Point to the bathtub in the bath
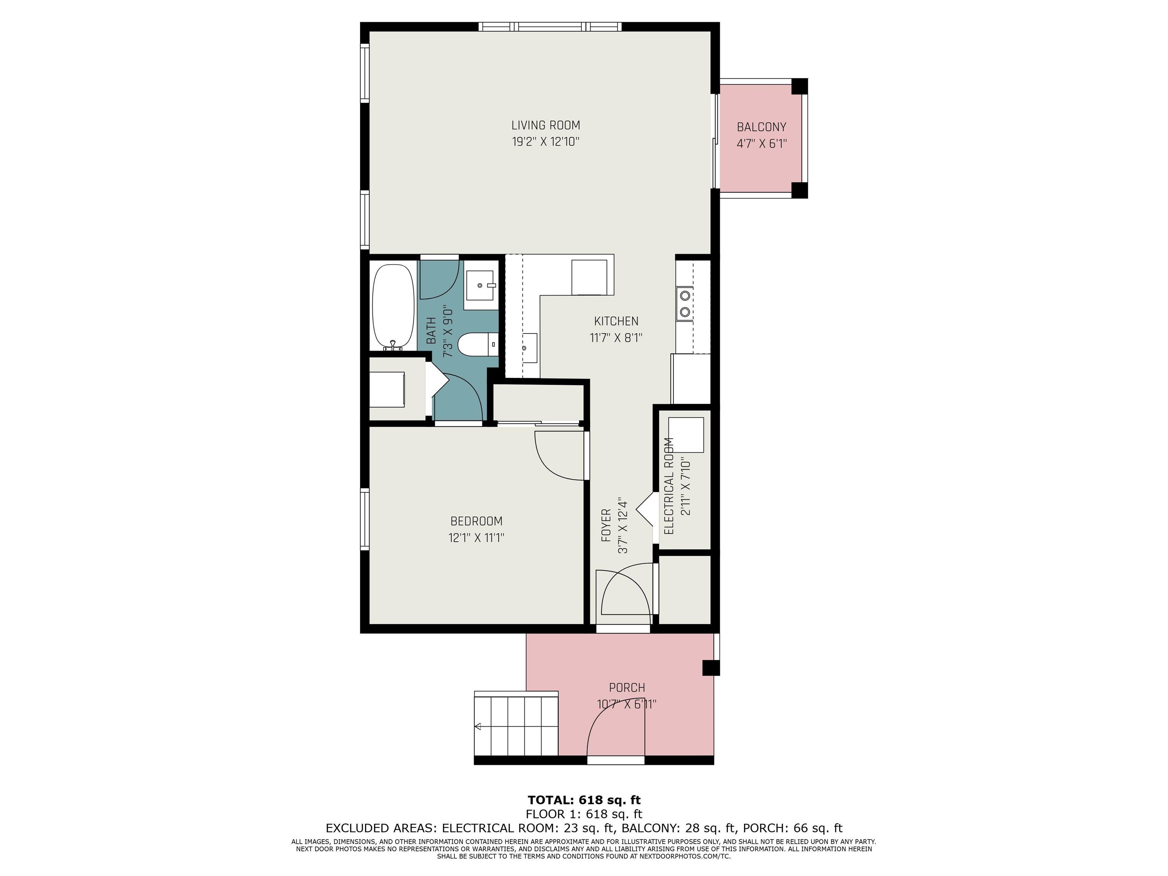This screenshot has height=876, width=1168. (394, 307)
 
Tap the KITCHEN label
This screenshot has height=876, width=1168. (616, 321)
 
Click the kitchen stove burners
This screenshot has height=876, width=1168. (685, 304)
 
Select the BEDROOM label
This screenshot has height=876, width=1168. (476, 521)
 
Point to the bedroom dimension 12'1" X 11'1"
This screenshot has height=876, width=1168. (476, 538)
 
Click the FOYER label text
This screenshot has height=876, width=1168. (606, 525)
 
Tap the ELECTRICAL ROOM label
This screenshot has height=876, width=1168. (669, 486)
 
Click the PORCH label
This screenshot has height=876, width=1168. (627, 687)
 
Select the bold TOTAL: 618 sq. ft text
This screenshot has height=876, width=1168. (584, 800)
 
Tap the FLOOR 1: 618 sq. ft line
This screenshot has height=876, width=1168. (584, 814)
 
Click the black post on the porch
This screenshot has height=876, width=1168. (711, 668)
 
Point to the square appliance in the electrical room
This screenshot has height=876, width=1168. (686, 435)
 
